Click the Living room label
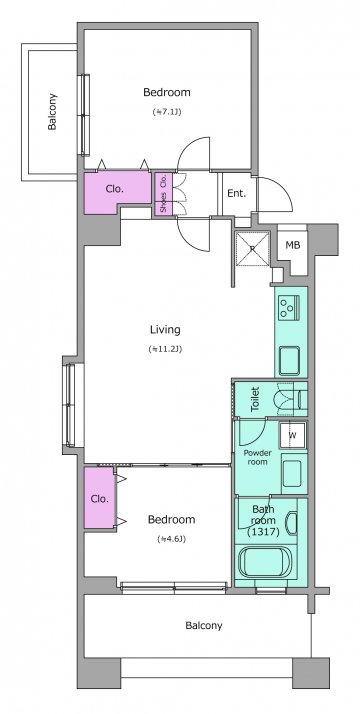(x=165, y=330)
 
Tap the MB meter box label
(x=293, y=245)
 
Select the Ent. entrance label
(x=237, y=193)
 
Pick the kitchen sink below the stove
(x=289, y=361)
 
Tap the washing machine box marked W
(x=293, y=435)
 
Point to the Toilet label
(x=255, y=400)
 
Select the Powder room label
(x=258, y=457)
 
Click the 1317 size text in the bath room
(x=263, y=531)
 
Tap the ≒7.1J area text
(x=167, y=112)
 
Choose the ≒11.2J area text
(x=165, y=349)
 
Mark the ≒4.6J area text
(x=172, y=539)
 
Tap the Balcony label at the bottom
(x=203, y=626)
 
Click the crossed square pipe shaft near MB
(x=253, y=249)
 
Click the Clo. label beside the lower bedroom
(x=100, y=499)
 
